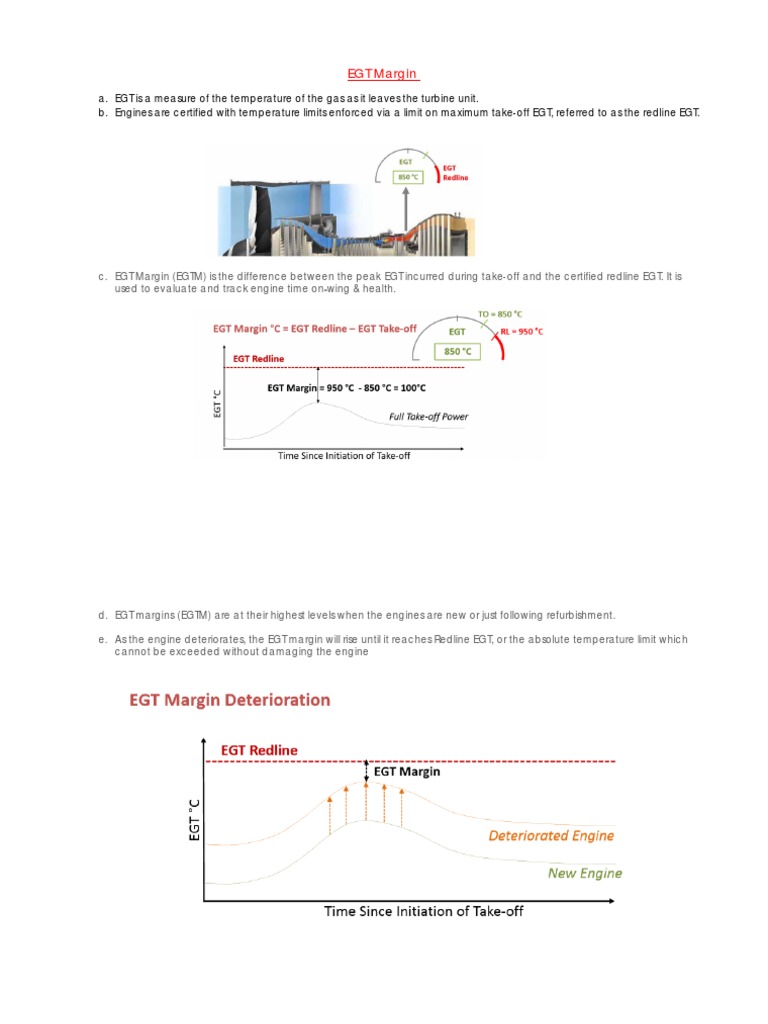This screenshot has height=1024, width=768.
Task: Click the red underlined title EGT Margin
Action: [x=384, y=74]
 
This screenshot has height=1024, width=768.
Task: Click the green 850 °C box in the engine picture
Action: [x=406, y=177]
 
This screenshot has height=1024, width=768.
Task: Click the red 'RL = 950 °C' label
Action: [x=522, y=331]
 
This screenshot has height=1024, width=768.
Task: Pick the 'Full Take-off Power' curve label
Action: [x=428, y=416]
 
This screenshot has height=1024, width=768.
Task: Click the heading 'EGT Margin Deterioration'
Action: [x=230, y=700]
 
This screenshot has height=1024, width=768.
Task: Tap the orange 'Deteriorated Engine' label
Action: [x=551, y=835]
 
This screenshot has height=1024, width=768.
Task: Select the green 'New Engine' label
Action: [x=585, y=873]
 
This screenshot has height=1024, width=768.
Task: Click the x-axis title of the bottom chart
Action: [x=423, y=911]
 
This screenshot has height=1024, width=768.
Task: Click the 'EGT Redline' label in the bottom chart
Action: [x=259, y=749]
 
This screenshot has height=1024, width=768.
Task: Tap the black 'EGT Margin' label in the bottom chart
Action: [x=406, y=771]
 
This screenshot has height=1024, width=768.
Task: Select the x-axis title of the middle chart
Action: [x=344, y=456]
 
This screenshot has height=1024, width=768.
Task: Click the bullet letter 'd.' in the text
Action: [x=102, y=615]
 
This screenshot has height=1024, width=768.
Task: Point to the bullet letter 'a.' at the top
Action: [x=102, y=98]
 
